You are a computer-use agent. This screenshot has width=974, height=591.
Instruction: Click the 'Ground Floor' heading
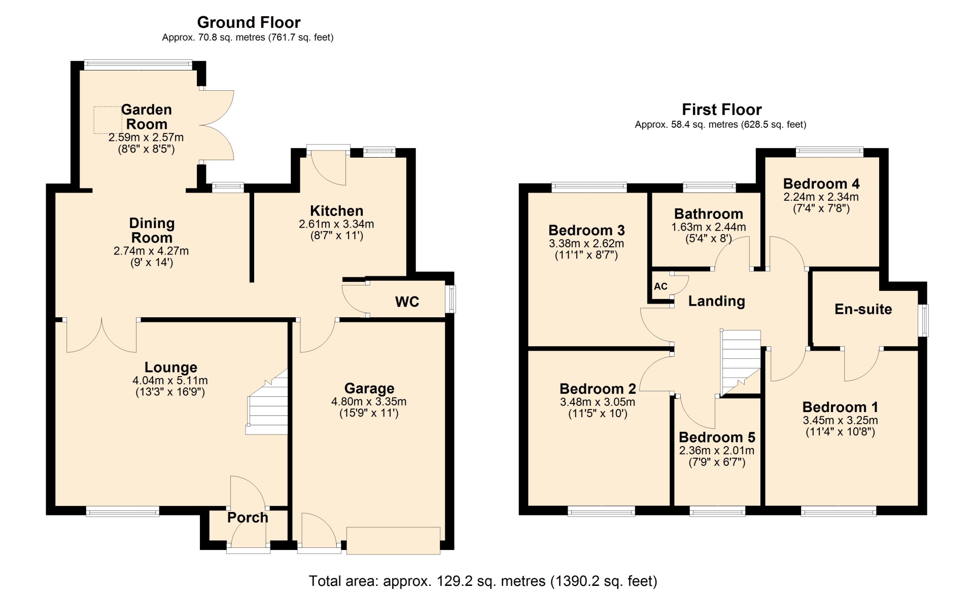tap(249, 22)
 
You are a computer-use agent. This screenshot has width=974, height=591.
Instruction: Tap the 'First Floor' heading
tap(721, 109)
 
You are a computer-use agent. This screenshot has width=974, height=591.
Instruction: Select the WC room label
tap(407, 302)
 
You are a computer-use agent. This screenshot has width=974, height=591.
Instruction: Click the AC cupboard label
tap(660, 286)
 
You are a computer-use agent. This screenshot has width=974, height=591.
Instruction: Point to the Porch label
tap(248, 518)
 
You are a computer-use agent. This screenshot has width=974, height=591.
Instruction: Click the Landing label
tap(716, 301)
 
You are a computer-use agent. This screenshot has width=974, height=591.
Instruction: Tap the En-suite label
tap(863, 309)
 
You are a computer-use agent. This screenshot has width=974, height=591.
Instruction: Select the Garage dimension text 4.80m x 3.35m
tap(369, 401)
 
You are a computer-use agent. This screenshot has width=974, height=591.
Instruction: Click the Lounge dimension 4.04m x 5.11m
tap(170, 380)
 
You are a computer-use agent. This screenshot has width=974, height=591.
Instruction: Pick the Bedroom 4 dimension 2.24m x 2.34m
tap(821, 197)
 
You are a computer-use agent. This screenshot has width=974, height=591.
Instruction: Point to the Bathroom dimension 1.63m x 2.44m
tap(709, 227)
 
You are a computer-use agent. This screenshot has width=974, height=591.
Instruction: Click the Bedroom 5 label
tap(717, 437)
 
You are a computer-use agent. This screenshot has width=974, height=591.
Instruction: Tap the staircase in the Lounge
tap(267, 402)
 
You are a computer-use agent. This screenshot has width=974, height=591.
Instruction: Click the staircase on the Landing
tap(741, 362)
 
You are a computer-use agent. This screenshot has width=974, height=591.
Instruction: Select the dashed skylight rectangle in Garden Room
tap(108, 120)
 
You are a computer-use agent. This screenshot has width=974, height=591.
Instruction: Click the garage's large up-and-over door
tap(394, 541)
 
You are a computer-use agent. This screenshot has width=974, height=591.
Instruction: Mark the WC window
tap(450, 299)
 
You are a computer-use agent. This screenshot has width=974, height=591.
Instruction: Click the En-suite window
tap(923, 320)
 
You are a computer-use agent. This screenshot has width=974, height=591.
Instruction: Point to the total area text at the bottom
tap(483, 581)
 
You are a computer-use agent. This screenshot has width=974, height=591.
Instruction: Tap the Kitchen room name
tap(336, 211)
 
